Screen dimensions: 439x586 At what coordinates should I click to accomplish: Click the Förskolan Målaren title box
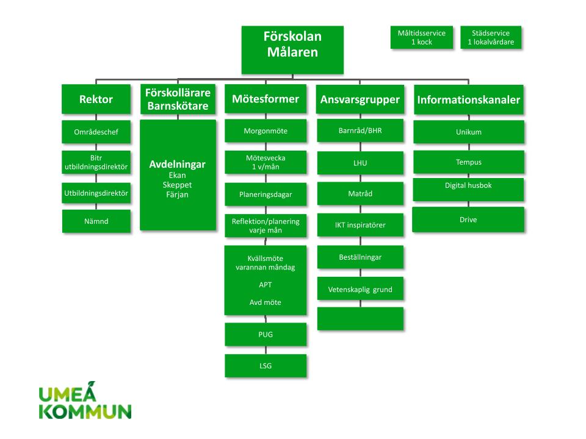point(292,49)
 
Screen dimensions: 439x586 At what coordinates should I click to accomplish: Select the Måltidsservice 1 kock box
point(421,37)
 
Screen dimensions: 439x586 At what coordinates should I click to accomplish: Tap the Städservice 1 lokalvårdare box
point(491,37)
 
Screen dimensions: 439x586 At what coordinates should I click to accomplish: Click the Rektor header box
point(96,99)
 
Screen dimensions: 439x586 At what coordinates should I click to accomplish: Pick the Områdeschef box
point(96,132)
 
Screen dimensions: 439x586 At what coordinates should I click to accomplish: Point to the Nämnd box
point(96,221)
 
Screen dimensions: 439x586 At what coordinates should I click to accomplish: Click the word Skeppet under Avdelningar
point(178,185)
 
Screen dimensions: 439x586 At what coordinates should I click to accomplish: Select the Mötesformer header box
point(266,99)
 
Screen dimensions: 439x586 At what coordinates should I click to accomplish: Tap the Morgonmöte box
point(266,131)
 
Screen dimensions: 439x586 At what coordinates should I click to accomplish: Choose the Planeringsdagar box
point(266,195)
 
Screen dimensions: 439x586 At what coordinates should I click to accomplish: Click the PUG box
point(266,335)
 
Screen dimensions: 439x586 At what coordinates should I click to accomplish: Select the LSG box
point(266,366)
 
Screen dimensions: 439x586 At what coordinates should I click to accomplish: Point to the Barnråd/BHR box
point(360,130)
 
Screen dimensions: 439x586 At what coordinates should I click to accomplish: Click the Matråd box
point(360,194)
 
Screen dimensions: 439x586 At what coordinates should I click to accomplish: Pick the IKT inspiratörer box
point(360,225)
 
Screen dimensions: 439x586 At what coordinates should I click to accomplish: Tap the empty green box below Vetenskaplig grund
point(360,319)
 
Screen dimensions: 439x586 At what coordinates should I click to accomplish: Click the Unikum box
point(469,132)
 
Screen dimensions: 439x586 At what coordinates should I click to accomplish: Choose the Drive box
point(469,220)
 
